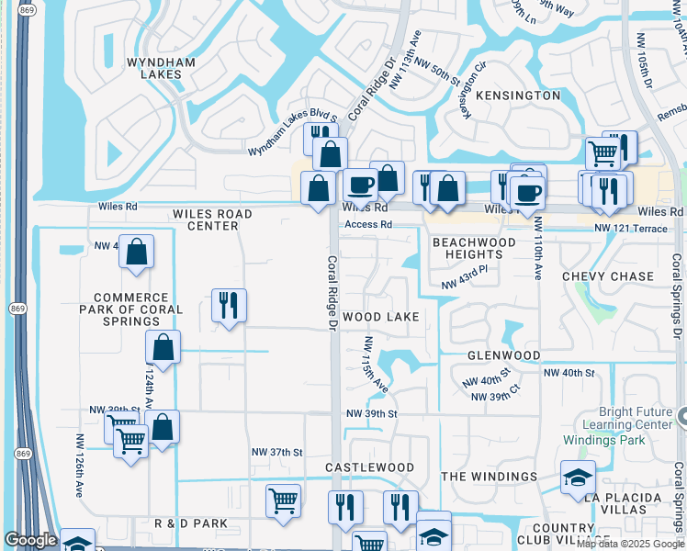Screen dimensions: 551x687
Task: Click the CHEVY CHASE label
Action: (608, 276)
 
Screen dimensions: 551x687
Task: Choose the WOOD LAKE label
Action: (381, 317)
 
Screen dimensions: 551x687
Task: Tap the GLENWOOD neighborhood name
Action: (503, 355)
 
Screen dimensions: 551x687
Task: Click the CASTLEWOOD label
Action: (369, 467)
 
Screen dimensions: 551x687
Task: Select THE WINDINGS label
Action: (489, 477)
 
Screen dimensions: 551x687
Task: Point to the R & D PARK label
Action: (191, 523)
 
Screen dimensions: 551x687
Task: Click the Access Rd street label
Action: (368, 224)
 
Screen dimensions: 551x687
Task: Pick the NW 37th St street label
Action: (277, 452)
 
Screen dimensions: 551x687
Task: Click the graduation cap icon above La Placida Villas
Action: (578, 477)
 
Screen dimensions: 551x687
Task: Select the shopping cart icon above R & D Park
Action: (283, 500)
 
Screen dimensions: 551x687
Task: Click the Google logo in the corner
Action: (30, 540)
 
